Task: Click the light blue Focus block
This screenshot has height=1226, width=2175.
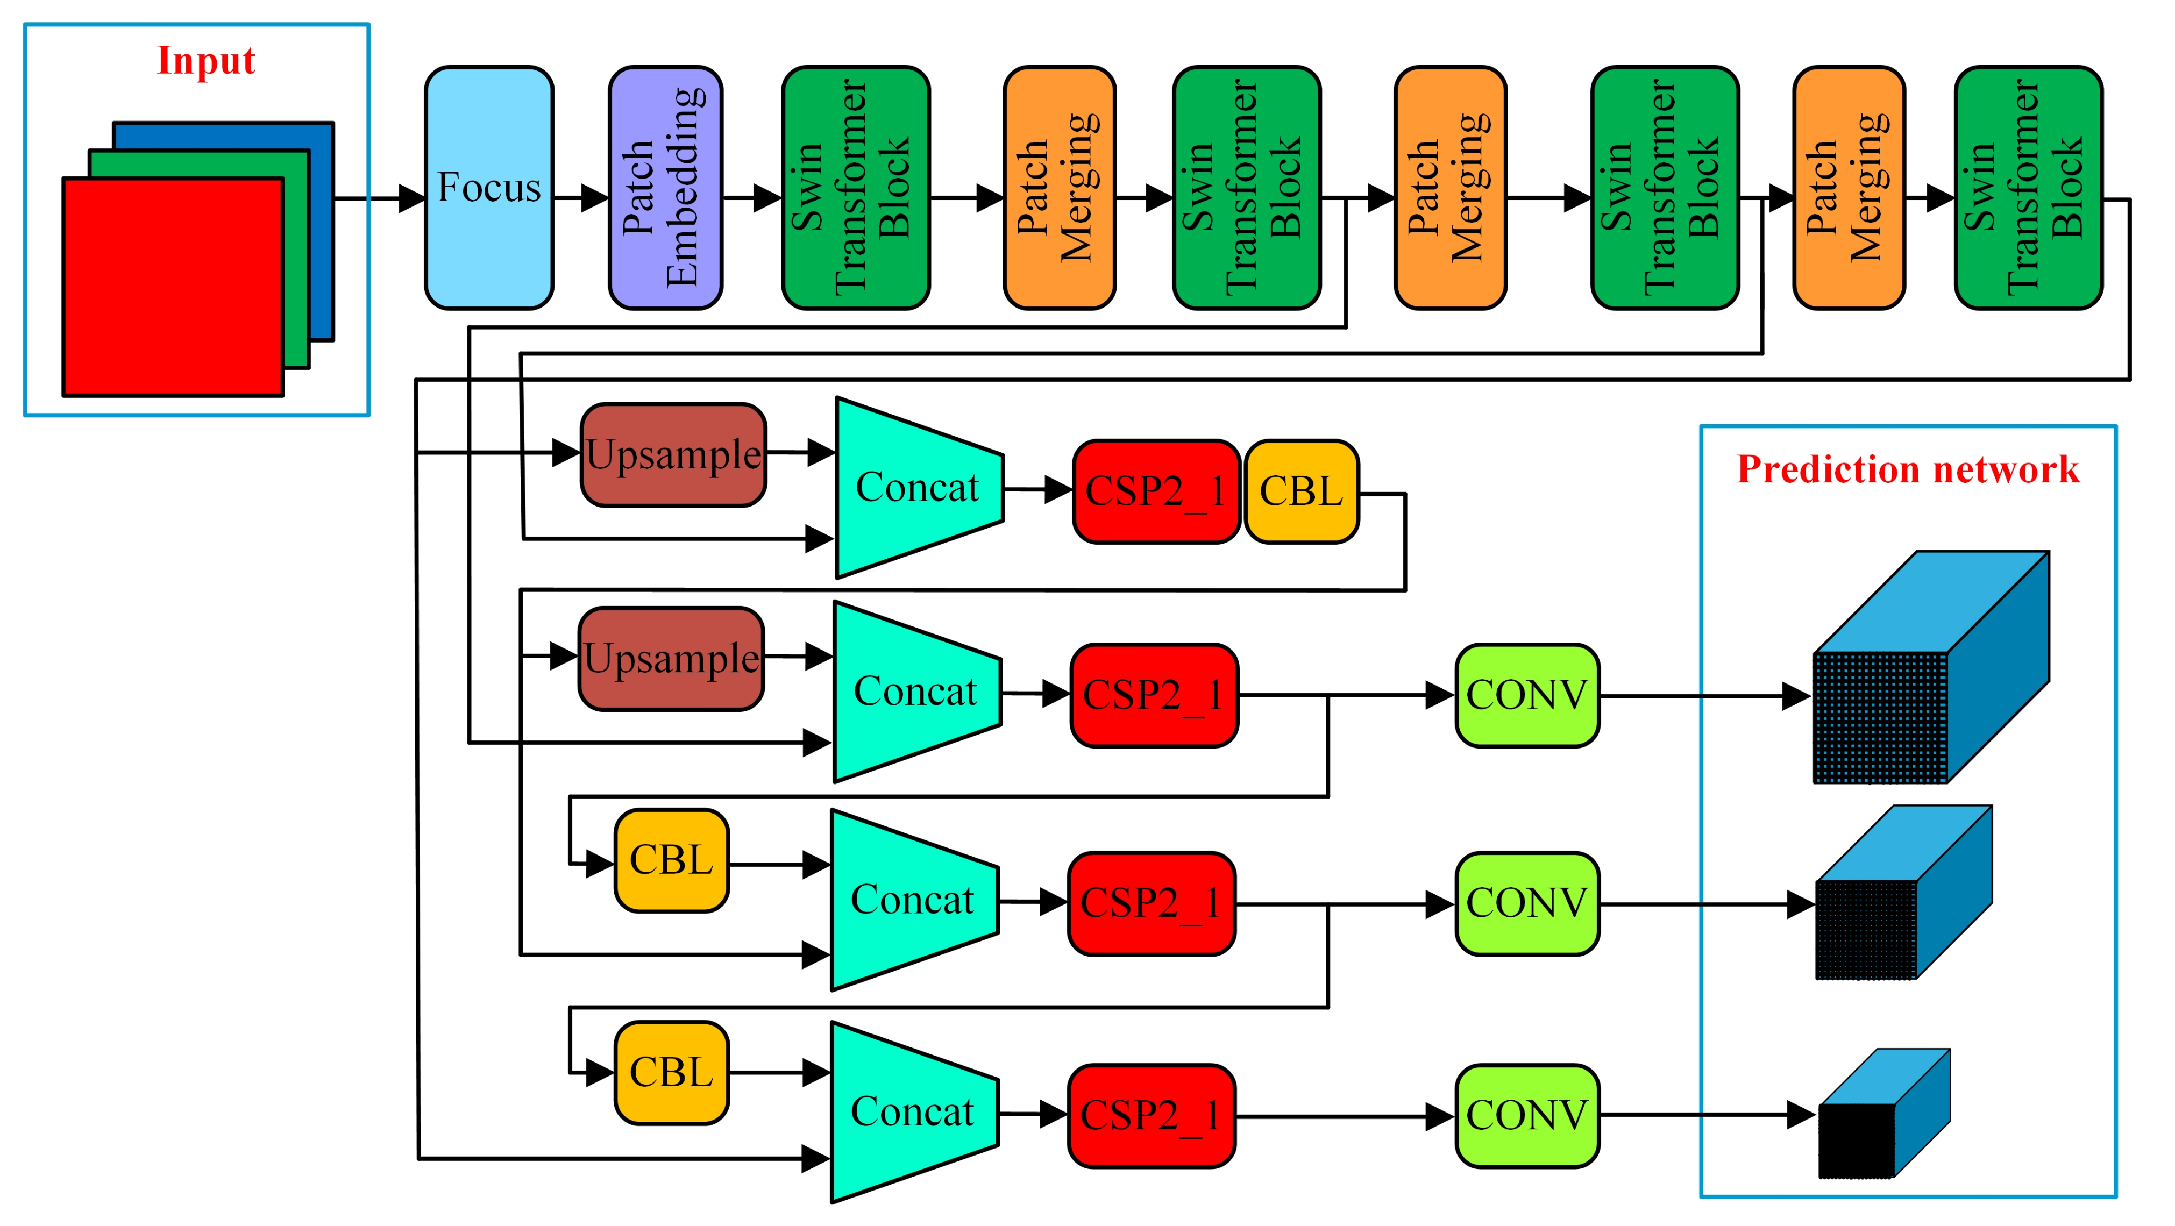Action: [x=489, y=188]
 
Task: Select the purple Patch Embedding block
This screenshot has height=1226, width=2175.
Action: [x=665, y=188]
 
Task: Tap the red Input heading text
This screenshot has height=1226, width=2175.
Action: [x=206, y=61]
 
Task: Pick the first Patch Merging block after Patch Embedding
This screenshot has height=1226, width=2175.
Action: [x=1059, y=188]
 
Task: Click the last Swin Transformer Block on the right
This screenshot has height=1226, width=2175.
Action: [x=2028, y=188]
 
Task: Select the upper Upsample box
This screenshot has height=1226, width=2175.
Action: [x=673, y=455]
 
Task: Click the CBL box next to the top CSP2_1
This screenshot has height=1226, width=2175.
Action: [x=1301, y=491]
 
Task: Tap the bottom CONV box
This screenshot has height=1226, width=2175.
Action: [x=1526, y=1115]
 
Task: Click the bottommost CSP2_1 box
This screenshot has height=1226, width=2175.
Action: [x=1151, y=1115]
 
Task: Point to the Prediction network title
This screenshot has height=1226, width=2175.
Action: [x=1907, y=469]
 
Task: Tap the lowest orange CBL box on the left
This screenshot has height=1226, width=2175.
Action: [x=671, y=1072]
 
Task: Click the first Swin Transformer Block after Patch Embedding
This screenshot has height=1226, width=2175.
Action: [x=855, y=188]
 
